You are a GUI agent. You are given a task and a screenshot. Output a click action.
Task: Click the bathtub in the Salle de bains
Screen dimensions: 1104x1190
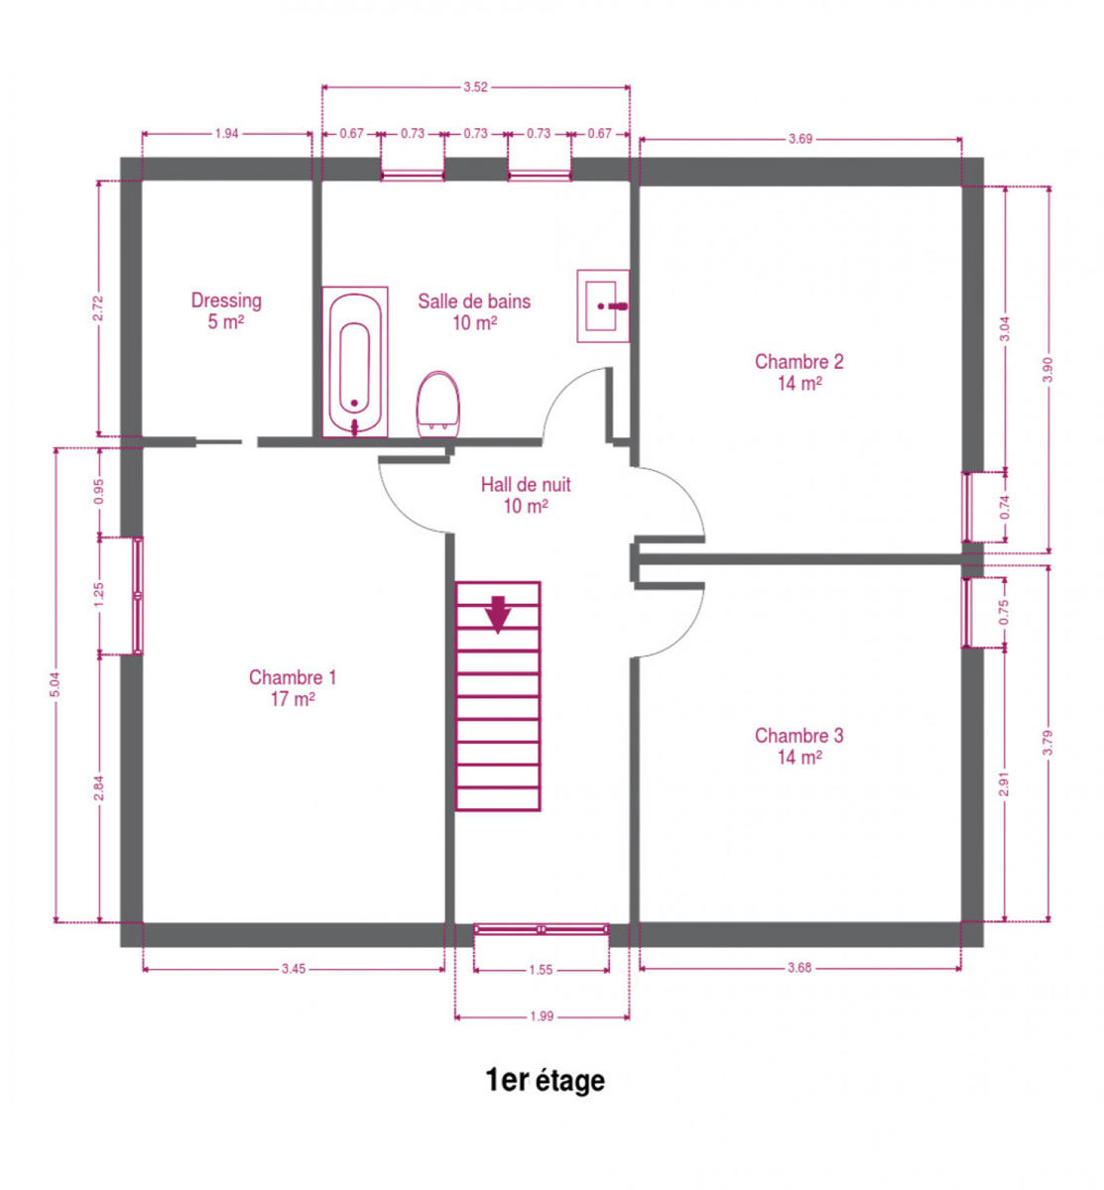(355, 362)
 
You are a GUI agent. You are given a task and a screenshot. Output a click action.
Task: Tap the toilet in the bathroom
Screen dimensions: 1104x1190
(438, 405)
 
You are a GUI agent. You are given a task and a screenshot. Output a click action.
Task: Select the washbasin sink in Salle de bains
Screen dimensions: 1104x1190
(602, 305)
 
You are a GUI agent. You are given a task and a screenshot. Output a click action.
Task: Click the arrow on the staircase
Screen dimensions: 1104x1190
(498, 614)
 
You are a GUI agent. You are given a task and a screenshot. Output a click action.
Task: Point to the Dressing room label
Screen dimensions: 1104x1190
(226, 310)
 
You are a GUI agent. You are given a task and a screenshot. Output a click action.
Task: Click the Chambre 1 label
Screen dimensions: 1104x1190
(293, 687)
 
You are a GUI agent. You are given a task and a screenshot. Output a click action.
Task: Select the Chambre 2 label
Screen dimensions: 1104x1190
(798, 372)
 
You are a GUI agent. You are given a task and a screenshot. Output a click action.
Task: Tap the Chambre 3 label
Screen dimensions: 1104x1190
(798, 746)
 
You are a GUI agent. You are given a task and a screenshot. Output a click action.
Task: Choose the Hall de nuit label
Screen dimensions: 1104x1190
(526, 495)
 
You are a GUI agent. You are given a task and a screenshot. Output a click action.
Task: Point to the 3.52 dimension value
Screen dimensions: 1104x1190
(475, 87)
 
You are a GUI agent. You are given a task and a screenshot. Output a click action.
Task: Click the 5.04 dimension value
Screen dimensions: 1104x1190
(56, 684)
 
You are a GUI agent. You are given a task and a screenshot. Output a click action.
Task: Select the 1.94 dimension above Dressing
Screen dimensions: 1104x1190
(226, 133)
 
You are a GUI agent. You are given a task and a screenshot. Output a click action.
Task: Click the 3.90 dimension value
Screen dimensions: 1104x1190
(1047, 370)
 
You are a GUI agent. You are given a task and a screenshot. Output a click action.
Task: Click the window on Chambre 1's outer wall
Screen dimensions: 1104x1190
(137, 595)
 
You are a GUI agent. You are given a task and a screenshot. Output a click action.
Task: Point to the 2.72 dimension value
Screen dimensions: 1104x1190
(99, 308)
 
